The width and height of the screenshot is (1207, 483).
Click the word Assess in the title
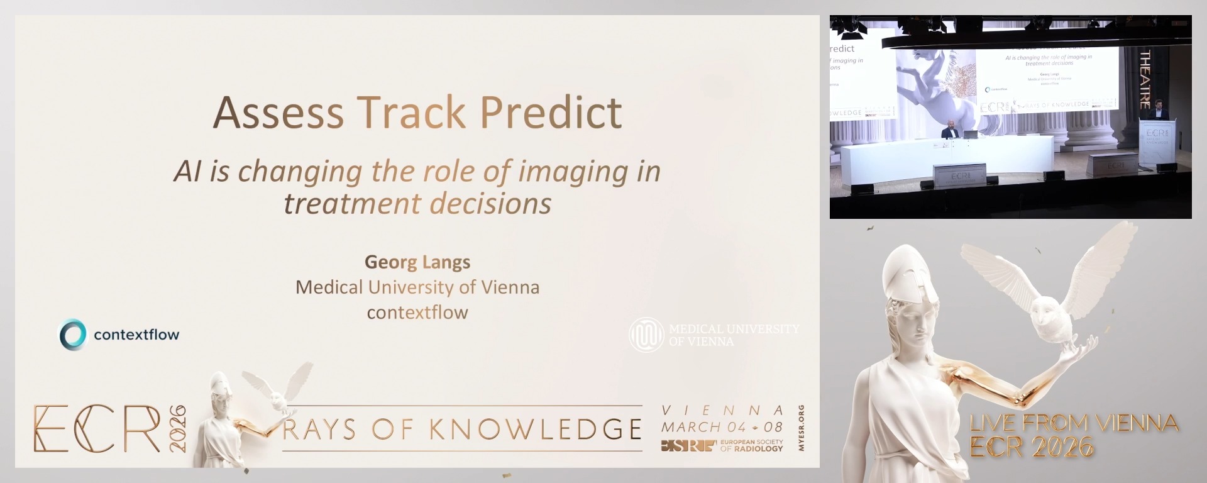tap(278, 113)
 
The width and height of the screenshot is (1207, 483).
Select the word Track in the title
tap(412, 113)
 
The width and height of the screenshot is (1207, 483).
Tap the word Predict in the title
tap(551, 113)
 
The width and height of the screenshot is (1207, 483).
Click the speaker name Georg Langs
tap(417, 262)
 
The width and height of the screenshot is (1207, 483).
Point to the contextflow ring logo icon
tap(73, 334)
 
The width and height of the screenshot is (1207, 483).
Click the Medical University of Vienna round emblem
tap(646, 335)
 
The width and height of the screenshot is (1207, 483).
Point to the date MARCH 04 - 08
tap(722, 427)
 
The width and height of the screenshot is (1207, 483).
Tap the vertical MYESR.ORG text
tap(801, 428)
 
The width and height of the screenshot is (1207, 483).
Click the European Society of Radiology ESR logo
tap(688, 446)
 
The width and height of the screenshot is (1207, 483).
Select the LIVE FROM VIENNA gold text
tap(1074, 423)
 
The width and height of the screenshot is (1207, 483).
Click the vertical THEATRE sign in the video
tap(1145, 79)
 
